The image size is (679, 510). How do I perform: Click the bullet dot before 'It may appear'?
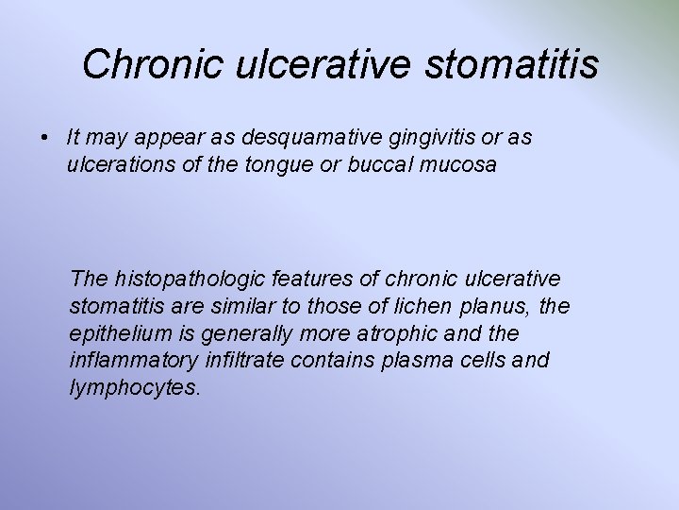click(45, 138)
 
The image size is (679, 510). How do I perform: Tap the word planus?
click(492, 307)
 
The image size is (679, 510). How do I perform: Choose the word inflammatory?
click(131, 362)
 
